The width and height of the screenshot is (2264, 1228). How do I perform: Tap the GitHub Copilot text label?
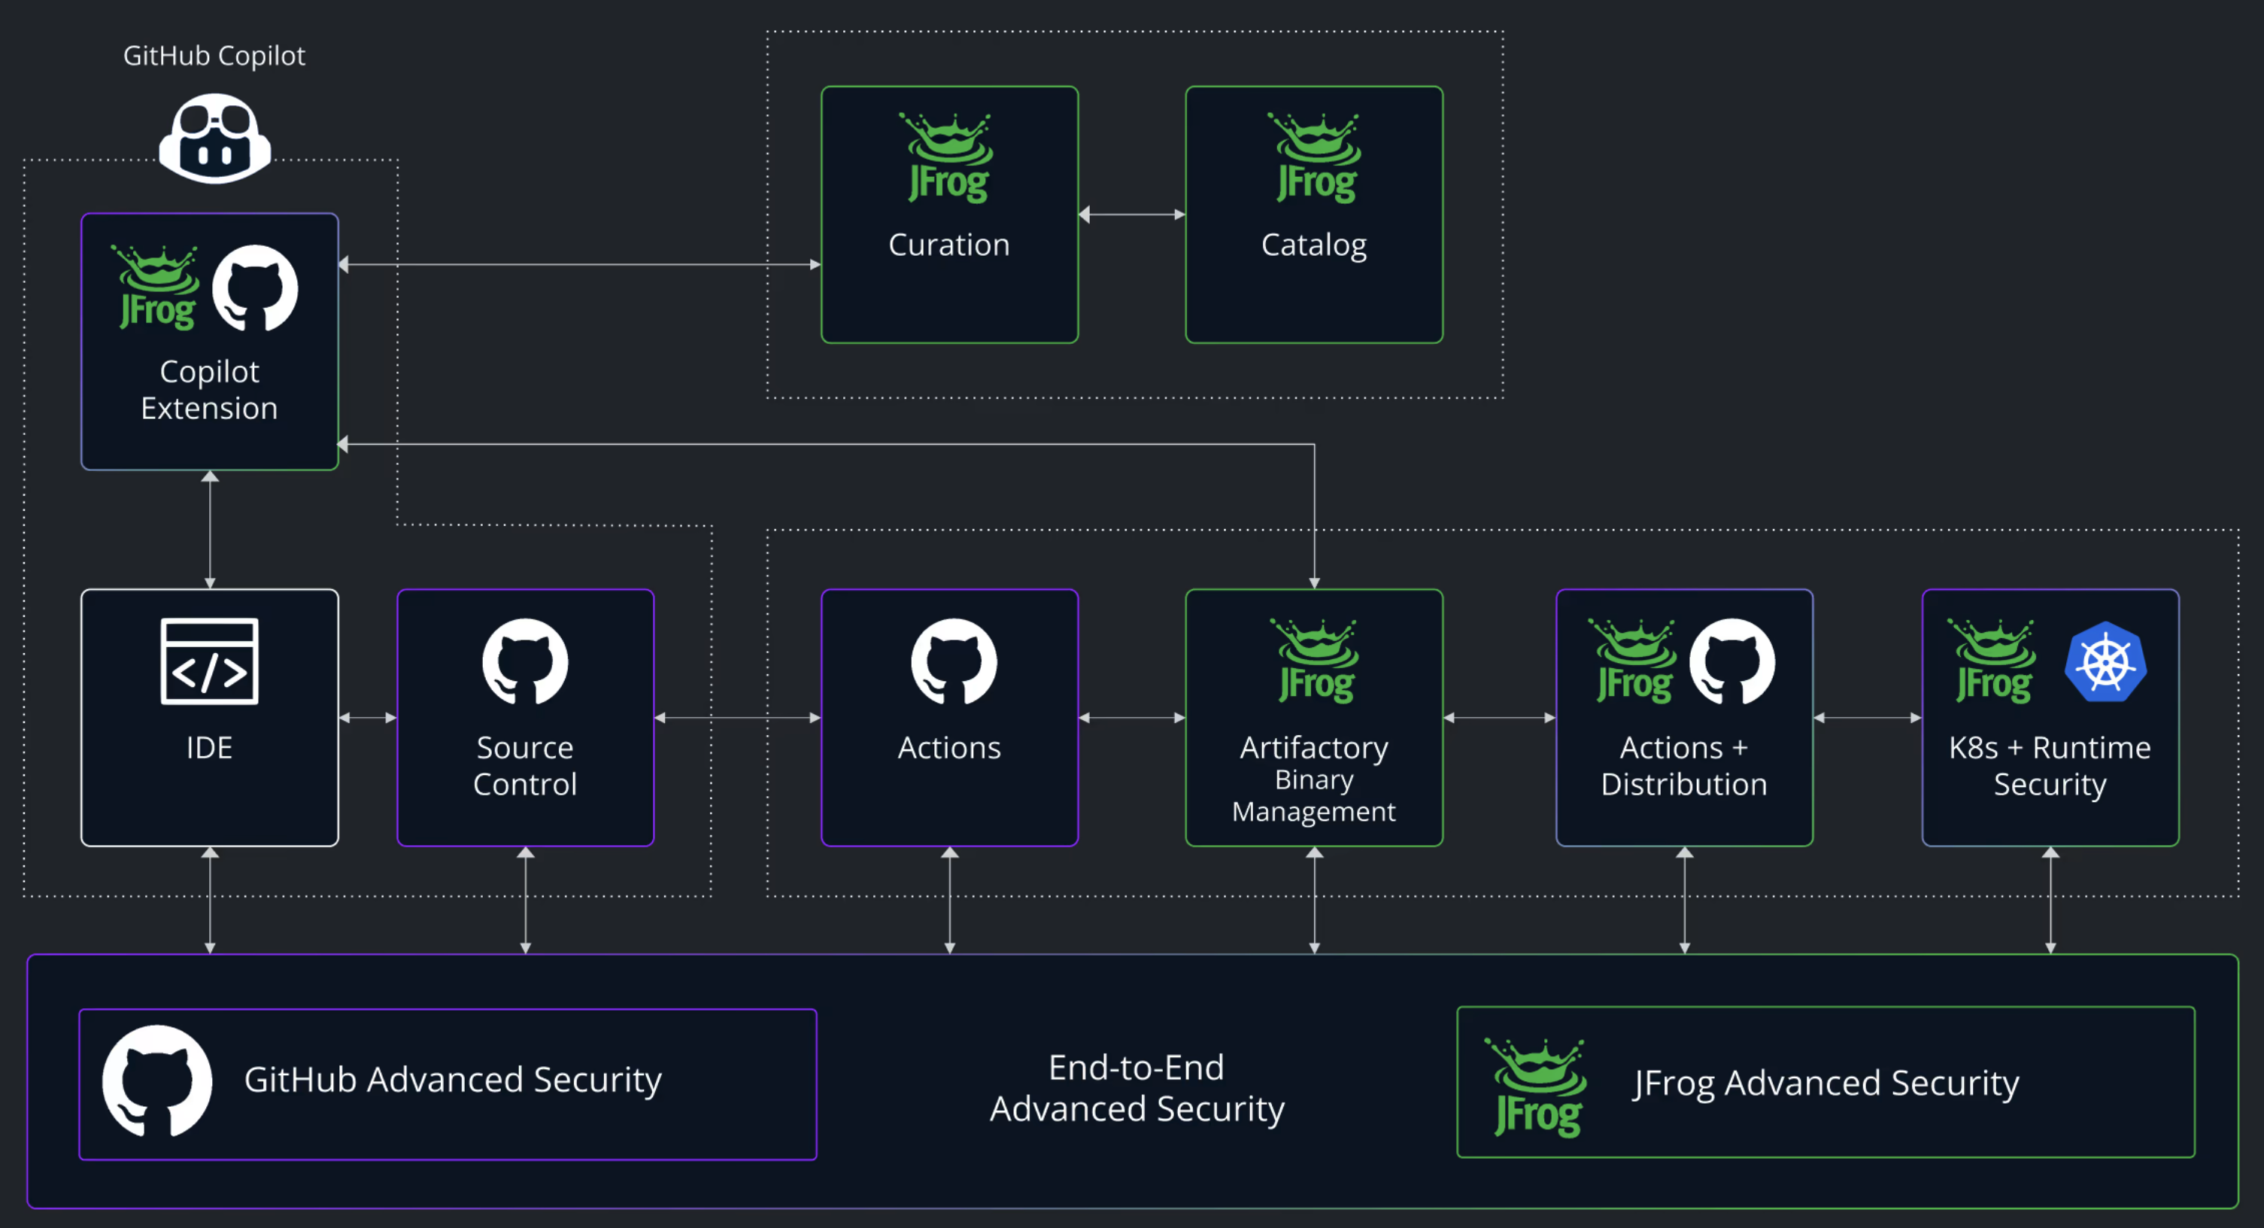pyautogui.click(x=214, y=56)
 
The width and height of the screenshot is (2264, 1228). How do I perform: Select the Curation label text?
pyautogui.click(x=949, y=245)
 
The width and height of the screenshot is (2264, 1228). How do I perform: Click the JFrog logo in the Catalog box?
pyautogui.click(x=1316, y=158)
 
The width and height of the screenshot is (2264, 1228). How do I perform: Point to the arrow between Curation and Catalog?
pyautogui.click(x=1132, y=214)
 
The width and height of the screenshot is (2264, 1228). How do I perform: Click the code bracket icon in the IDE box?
pyautogui.click(x=209, y=661)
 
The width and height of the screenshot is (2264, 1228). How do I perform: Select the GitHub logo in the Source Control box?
pyautogui.click(x=525, y=661)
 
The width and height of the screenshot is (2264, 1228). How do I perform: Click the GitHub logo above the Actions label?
pyautogui.click(x=953, y=661)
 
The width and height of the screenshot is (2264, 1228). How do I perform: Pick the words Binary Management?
pyautogui.click(x=1314, y=795)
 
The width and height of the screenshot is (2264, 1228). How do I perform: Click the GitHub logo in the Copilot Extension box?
pyautogui.click(x=255, y=288)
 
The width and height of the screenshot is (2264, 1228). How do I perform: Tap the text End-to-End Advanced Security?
pyautogui.click(x=1137, y=1087)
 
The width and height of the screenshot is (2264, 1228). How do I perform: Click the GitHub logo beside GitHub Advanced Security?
pyautogui.click(x=156, y=1081)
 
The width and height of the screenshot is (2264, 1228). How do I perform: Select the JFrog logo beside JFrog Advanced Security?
pyautogui.click(x=1537, y=1087)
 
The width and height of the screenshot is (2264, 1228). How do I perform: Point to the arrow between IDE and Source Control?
pyautogui.click(x=367, y=718)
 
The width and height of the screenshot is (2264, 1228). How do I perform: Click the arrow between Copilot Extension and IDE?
pyautogui.click(x=209, y=529)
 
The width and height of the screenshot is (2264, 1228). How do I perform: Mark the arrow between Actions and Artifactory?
pyautogui.click(x=1132, y=718)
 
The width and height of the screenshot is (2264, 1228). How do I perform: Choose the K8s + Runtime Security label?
pyautogui.click(x=2050, y=766)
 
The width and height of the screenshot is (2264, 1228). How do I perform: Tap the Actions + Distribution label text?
pyautogui.click(x=1684, y=766)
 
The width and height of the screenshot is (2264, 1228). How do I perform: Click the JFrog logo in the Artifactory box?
pyautogui.click(x=1316, y=661)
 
